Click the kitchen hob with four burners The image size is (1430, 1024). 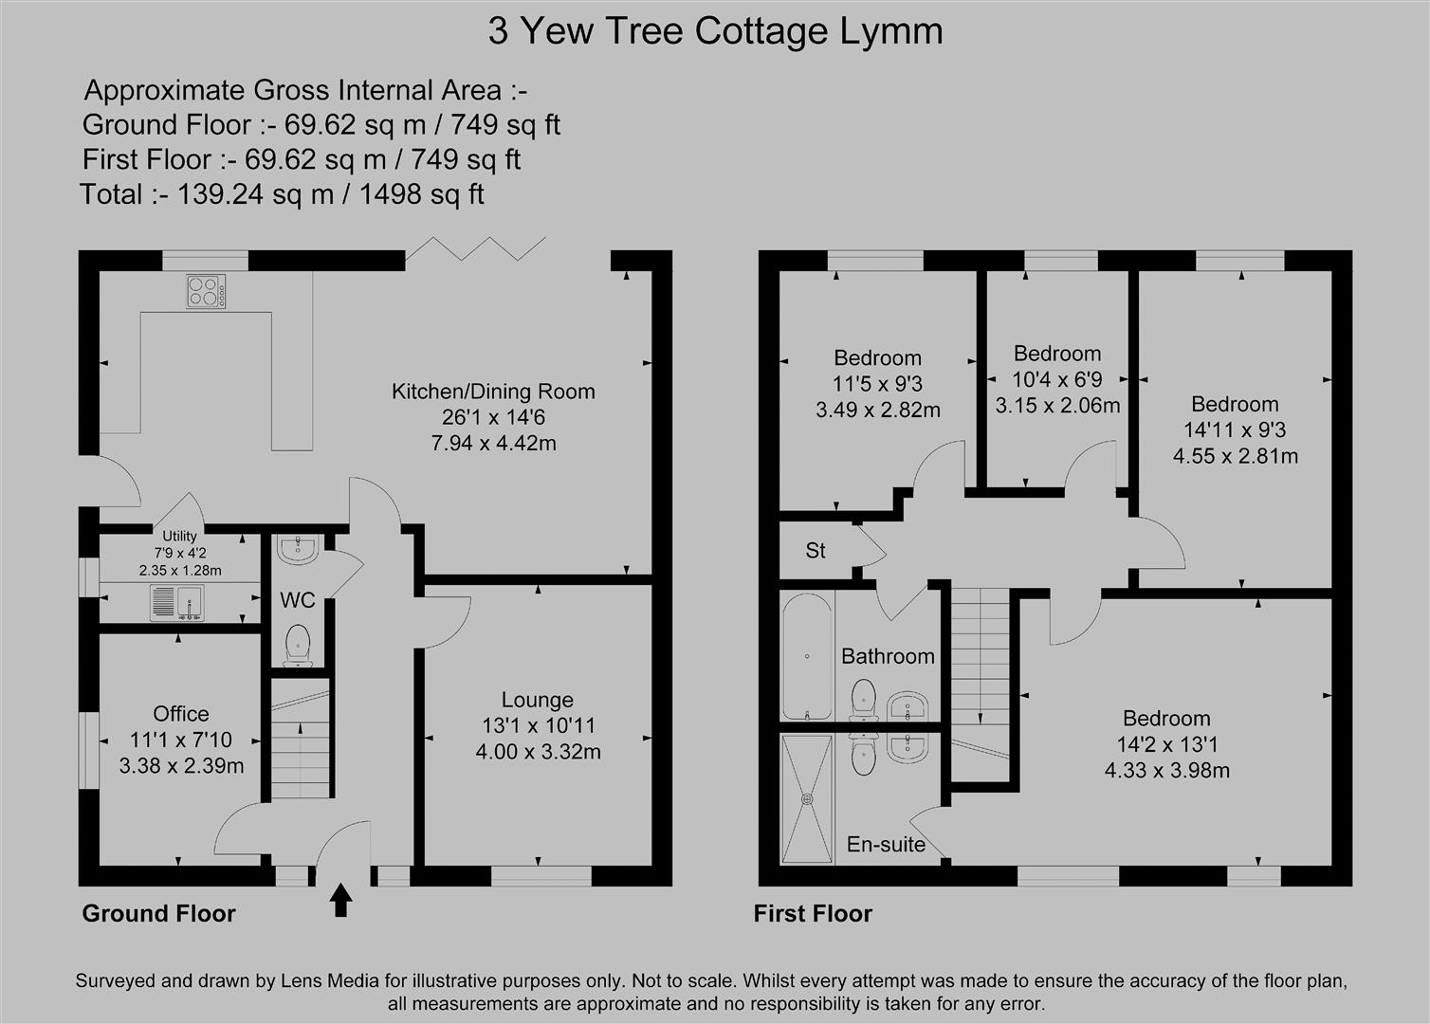[207, 291]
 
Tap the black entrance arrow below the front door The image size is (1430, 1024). [340, 900]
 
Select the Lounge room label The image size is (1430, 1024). [537, 700]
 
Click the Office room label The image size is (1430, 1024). [181, 714]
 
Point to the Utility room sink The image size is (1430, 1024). [177, 603]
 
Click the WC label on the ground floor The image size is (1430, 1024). [298, 600]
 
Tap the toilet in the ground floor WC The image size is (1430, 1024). [298, 645]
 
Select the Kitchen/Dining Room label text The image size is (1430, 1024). [493, 391]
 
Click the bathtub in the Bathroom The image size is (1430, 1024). [806, 657]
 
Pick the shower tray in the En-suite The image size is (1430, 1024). [807, 798]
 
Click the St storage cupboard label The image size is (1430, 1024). [816, 550]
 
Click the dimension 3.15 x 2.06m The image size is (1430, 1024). [1057, 406]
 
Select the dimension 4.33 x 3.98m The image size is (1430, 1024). [1166, 770]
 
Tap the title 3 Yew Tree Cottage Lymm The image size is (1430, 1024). [715, 31]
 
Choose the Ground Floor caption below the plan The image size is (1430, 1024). [158, 913]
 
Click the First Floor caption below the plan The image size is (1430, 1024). [813, 913]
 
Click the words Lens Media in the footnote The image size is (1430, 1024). [331, 981]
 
